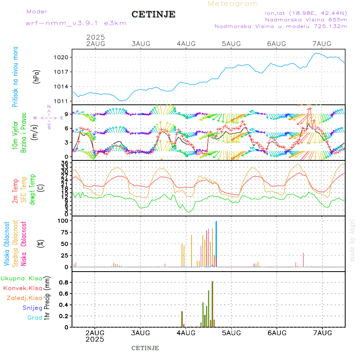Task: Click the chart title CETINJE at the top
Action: pyautogui.click(x=153, y=14)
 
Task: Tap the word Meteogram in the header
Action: pyautogui.click(x=233, y=4)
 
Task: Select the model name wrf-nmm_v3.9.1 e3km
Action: pyautogui.click(x=76, y=23)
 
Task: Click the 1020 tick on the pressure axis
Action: pyautogui.click(x=62, y=57)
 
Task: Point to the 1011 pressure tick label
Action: pyautogui.click(x=62, y=101)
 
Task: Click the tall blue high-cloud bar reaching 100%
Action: pyautogui.click(x=216, y=244)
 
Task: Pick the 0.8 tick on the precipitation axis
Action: pyautogui.click(x=64, y=282)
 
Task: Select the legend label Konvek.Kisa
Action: pyautogui.click(x=23, y=288)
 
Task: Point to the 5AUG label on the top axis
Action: pyautogui.click(x=231, y=44)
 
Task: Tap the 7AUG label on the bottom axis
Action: pyautogui.click(x=322, y=333)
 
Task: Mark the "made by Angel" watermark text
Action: pyautogui.click(x=352, y=240)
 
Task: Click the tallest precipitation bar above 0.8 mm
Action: pyautogui.click(x=212, y=304)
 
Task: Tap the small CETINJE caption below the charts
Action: pyautogui.click(x=145, y=348)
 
